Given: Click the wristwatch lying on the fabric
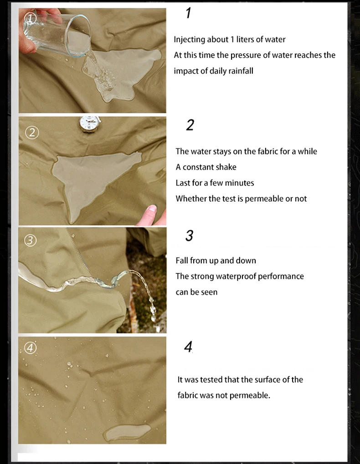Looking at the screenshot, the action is (x=90, y=124).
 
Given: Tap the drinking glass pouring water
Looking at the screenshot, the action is (x=56, y=34).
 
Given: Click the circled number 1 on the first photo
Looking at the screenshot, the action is (x=30, y=19).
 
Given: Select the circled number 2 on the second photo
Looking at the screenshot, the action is (x=32, y=132).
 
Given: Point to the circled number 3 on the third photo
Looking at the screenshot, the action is (x=30, y=240).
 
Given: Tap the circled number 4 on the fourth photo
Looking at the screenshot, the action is (x=30, y=348).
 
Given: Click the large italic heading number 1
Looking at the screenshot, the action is (x=188, y=13).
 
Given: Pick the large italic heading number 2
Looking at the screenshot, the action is (x=190, y=125).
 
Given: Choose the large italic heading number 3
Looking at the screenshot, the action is (x=190, y=236).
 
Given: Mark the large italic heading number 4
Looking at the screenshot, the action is (x=188, y=347).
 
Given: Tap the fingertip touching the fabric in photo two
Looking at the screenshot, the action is (x=151, y=214).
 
